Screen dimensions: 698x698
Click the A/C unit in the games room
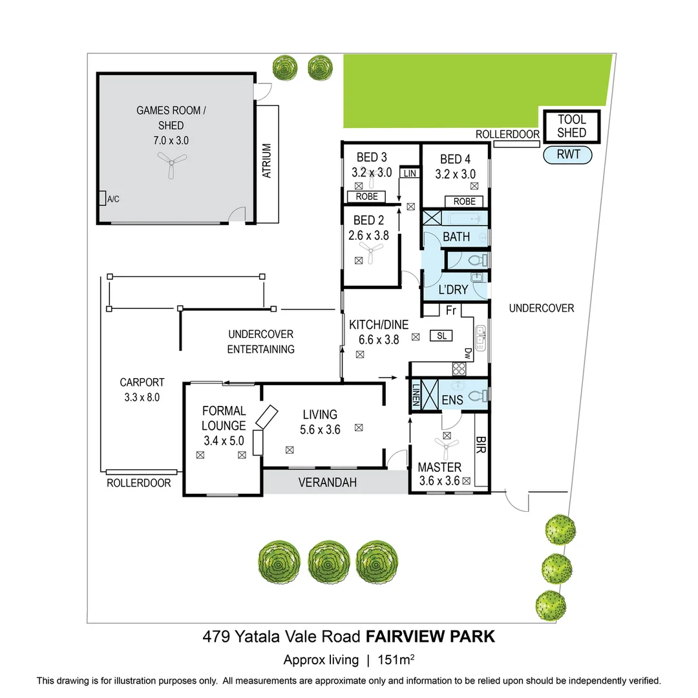(x=103, y=198)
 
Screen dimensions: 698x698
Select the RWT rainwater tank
(x=567, y=154)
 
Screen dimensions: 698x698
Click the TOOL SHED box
(x=571, y=126)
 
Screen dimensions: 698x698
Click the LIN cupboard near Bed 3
(x=409, y=173)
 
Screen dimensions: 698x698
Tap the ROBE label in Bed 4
(x=464, y=202)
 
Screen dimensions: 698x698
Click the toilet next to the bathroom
(x=476, y=260)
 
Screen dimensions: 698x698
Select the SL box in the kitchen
(x=442, y=335)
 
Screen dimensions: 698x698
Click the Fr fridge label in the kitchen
(x=451, y=311)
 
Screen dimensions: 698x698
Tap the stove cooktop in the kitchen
(x=460, y=369)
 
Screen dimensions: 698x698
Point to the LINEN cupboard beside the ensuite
(x=416, y=395)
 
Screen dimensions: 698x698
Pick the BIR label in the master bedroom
(x=480, y=445)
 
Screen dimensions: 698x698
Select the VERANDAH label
(x=327, y=483)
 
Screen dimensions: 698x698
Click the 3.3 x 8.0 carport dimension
(x=142, y=397)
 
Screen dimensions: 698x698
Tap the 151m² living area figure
(x=399, y=660)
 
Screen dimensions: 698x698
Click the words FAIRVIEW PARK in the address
(x=430, y=637)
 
